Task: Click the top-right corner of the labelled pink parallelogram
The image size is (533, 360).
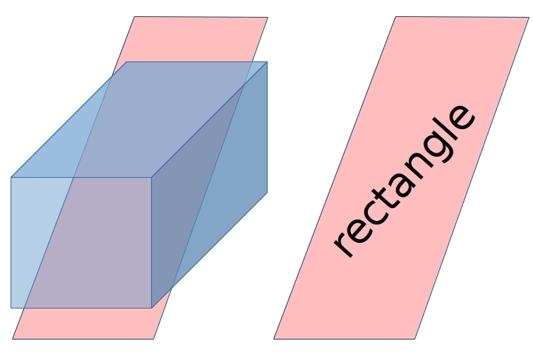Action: click(529, 17)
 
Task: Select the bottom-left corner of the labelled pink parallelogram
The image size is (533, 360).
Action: click(274, 339)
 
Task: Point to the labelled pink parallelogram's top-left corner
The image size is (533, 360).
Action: click(395, 17)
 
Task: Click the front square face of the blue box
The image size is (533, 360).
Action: click(81, 242)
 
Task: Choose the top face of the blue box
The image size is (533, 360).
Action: click(139, 119)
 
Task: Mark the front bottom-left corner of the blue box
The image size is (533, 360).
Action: click(11, 308)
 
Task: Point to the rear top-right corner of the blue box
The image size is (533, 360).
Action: click(267, 62)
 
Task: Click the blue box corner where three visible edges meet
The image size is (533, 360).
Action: click(152, 177)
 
